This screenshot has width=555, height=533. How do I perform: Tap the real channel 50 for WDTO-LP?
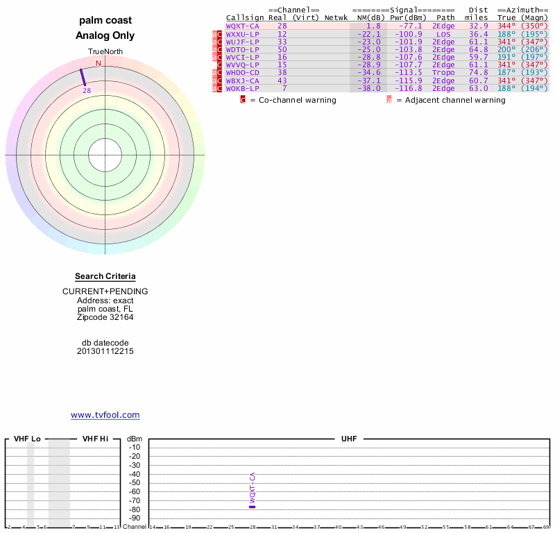point(282,49)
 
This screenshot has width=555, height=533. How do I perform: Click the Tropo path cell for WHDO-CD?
point(443,72)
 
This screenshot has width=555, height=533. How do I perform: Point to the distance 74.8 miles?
point(478,72)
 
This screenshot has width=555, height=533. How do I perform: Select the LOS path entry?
point(443,33)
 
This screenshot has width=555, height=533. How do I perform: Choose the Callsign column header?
point(245,17)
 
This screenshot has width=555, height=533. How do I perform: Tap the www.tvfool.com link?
point(105,415)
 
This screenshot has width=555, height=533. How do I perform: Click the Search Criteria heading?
point(105,276)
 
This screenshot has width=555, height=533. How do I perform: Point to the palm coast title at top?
point(105,20)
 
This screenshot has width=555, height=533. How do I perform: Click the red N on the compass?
point(99,63)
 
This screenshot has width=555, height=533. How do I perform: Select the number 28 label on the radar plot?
point(87,90)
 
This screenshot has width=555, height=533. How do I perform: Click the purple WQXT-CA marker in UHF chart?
point(253,507)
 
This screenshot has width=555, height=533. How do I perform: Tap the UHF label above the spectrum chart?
point(348,439)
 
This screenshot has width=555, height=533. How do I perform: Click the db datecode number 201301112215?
point(105,351)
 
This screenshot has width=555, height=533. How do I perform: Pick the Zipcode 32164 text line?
point(105,317)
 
